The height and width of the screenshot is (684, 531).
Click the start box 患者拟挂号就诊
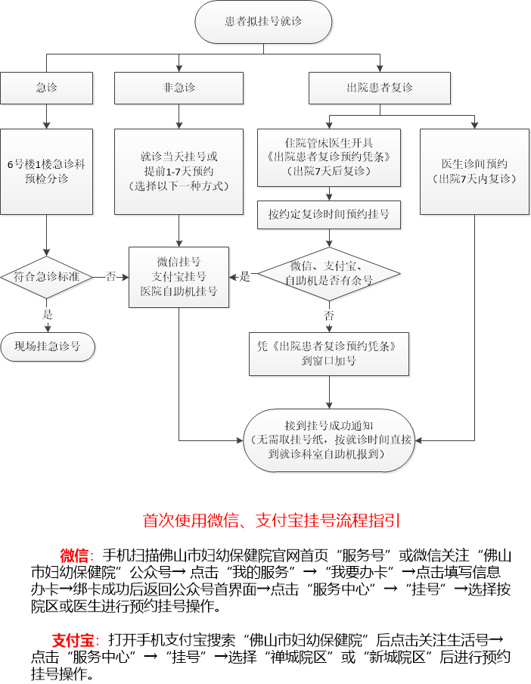263,22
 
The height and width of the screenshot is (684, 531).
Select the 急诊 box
47,88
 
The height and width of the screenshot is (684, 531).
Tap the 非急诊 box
179,88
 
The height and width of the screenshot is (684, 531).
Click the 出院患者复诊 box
380,88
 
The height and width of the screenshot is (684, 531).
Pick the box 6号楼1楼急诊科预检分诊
47,172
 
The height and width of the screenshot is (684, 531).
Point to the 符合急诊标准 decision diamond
47,277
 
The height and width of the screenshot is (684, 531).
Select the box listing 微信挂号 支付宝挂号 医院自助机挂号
179,277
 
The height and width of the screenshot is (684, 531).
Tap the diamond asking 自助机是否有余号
329,273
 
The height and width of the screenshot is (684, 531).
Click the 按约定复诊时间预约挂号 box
329,215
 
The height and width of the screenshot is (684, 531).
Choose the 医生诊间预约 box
475,172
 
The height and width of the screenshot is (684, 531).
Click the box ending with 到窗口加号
329,353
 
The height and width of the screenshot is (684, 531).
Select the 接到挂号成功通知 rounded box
329,440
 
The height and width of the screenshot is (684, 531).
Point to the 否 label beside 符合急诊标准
111,277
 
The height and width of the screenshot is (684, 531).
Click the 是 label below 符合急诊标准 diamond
48,314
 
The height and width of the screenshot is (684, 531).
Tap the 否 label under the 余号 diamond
329,315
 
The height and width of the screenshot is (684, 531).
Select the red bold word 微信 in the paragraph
75,555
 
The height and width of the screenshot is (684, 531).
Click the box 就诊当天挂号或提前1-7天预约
179,172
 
